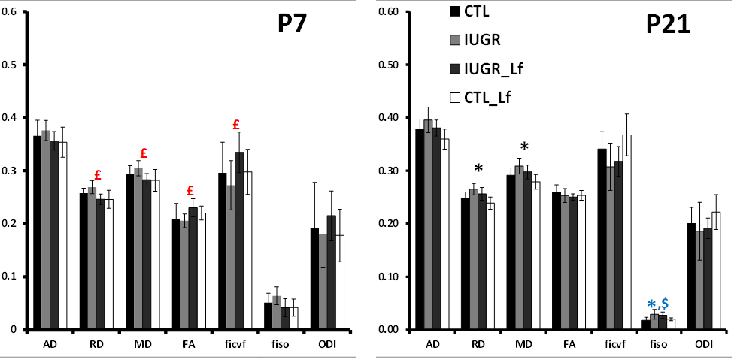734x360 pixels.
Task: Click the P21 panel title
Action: coord(668,28)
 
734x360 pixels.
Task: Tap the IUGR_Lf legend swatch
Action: coord(455,69)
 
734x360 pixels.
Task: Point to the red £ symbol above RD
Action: coord(98,175)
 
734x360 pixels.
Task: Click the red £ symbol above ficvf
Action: coord(235,125)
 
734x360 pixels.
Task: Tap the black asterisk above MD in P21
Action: coord(524,147)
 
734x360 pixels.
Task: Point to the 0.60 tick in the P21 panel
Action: coord(397,12)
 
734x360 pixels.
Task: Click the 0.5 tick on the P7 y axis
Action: coord(8,65)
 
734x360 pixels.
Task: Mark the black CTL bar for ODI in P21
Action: coord(672,277)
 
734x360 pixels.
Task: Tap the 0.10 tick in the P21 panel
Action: coord(397,277)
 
